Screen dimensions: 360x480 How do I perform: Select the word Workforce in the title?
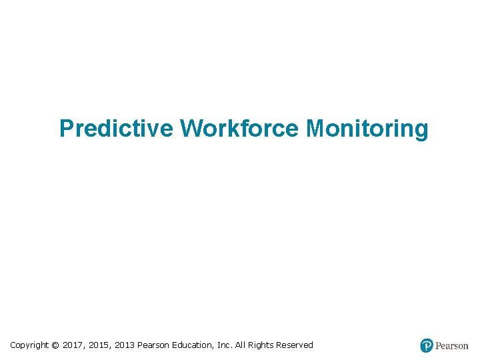pos(241,128)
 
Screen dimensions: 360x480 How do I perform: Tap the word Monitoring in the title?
pos(367,128)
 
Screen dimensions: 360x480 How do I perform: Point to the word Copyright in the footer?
pos(29,345)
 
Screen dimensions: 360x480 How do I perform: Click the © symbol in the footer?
pos(55,345)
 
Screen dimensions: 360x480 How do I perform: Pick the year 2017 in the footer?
pos(73,345)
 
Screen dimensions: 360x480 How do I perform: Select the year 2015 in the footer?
pos(99,345)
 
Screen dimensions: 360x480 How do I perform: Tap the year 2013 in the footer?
pos(125,345)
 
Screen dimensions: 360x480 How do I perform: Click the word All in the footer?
pos(241,345)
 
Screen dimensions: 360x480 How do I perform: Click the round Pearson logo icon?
pos(427,345)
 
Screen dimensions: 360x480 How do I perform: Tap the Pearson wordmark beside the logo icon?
pos(452,345)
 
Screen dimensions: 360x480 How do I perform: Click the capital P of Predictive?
pos(65,128)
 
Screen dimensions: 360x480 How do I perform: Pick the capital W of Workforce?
pos(190,128)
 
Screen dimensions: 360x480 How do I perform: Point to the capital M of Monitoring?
pos(315,128)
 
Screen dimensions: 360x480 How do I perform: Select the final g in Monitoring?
pos(421,130)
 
